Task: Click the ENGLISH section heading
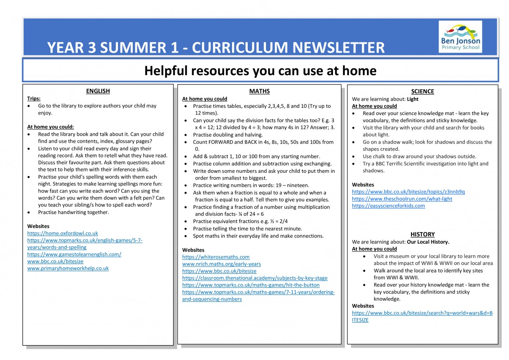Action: click(98, 91)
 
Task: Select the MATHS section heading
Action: click(259, 91)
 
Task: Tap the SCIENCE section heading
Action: click(422, 91)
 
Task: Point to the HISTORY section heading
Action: click(422, 234)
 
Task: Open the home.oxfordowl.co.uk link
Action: click(63, 233)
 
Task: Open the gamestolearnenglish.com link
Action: click(74, 254)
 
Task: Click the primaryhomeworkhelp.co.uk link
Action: click(68, 268)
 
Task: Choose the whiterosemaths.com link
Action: click(216, 257)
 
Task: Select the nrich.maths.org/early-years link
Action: click(221, 264)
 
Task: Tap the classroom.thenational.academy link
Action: click(255, 278)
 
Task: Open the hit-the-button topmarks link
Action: click(251, 285)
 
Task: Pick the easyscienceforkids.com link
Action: click(389, 206)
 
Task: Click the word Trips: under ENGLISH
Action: click(34, 98)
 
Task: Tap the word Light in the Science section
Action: click(413, 99)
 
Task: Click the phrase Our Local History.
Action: click(428, 242)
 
